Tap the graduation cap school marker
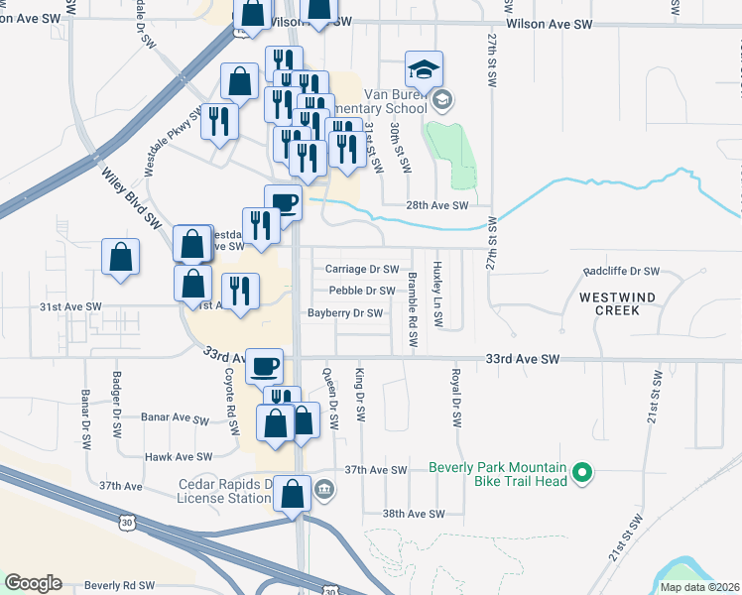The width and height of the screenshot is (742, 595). [x=424, y=70]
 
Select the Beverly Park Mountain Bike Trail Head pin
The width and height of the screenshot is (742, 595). [x=584, y=475]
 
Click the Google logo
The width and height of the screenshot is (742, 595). [x=33, y=583]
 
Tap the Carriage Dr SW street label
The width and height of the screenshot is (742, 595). [x=361, y=269]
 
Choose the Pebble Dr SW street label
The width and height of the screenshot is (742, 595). [x=361, y=291]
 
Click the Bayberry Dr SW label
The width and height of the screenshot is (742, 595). [x=344, y=313]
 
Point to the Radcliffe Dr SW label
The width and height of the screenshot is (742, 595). [x=621, y=271]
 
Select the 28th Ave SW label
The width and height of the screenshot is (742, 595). [x=436, y=205]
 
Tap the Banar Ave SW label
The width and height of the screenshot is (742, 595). [x=175, y=418]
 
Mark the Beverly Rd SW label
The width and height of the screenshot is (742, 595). [x=119, y=586]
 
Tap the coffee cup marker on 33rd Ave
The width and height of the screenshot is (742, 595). [x=264, y=366]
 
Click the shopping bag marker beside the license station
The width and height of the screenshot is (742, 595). [x=292, y=494]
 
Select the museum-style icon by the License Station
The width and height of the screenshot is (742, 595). [x=324, y=488]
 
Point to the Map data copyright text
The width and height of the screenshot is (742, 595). [x=699, y=587]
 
